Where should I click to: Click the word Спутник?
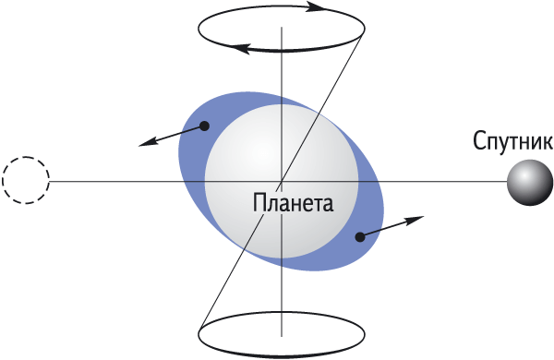tap(513, 141)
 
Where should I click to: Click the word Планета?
tap(293, 203)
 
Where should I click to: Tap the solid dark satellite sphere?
tap(530, 182)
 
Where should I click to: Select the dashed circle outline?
tap(26, 180)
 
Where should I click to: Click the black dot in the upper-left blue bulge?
tap(204, 126)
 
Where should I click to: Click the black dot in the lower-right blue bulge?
tap(360, 237)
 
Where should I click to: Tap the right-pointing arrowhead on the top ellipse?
tap(316, 7)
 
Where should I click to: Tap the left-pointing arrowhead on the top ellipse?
tap(240, 48)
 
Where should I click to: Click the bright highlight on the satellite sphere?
tap(525, 175)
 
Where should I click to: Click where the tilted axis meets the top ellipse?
tap(364, 31)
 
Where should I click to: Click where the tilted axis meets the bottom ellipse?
tap(199, 330)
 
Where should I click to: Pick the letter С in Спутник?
tap(478, 140)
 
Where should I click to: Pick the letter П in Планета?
tap(259, 203)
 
